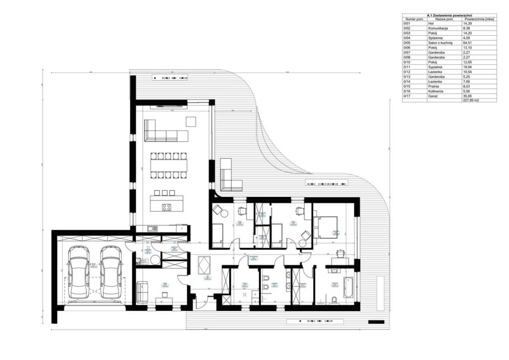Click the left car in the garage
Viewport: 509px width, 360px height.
pos(80,272)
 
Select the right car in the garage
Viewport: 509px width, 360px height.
pos(111,272)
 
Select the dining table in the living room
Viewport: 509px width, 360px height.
pos(169,164)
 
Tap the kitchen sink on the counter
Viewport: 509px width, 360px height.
pos(152,228)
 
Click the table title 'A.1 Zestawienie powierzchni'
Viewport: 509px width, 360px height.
pos(449,15)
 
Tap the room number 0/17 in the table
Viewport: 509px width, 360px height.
pos(408,95)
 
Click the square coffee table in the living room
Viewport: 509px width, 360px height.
pos(191,121)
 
